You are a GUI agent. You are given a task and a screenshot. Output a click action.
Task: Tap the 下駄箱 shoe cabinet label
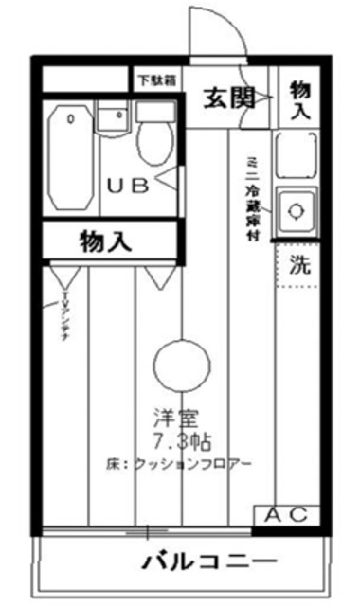tap(155, 81)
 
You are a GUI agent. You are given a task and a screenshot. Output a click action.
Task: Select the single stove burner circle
tap(294, 208)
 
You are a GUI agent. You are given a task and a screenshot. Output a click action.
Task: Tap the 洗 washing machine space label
tap(298, 266)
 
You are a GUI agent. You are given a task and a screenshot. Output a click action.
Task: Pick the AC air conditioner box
tap(284, 515)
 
